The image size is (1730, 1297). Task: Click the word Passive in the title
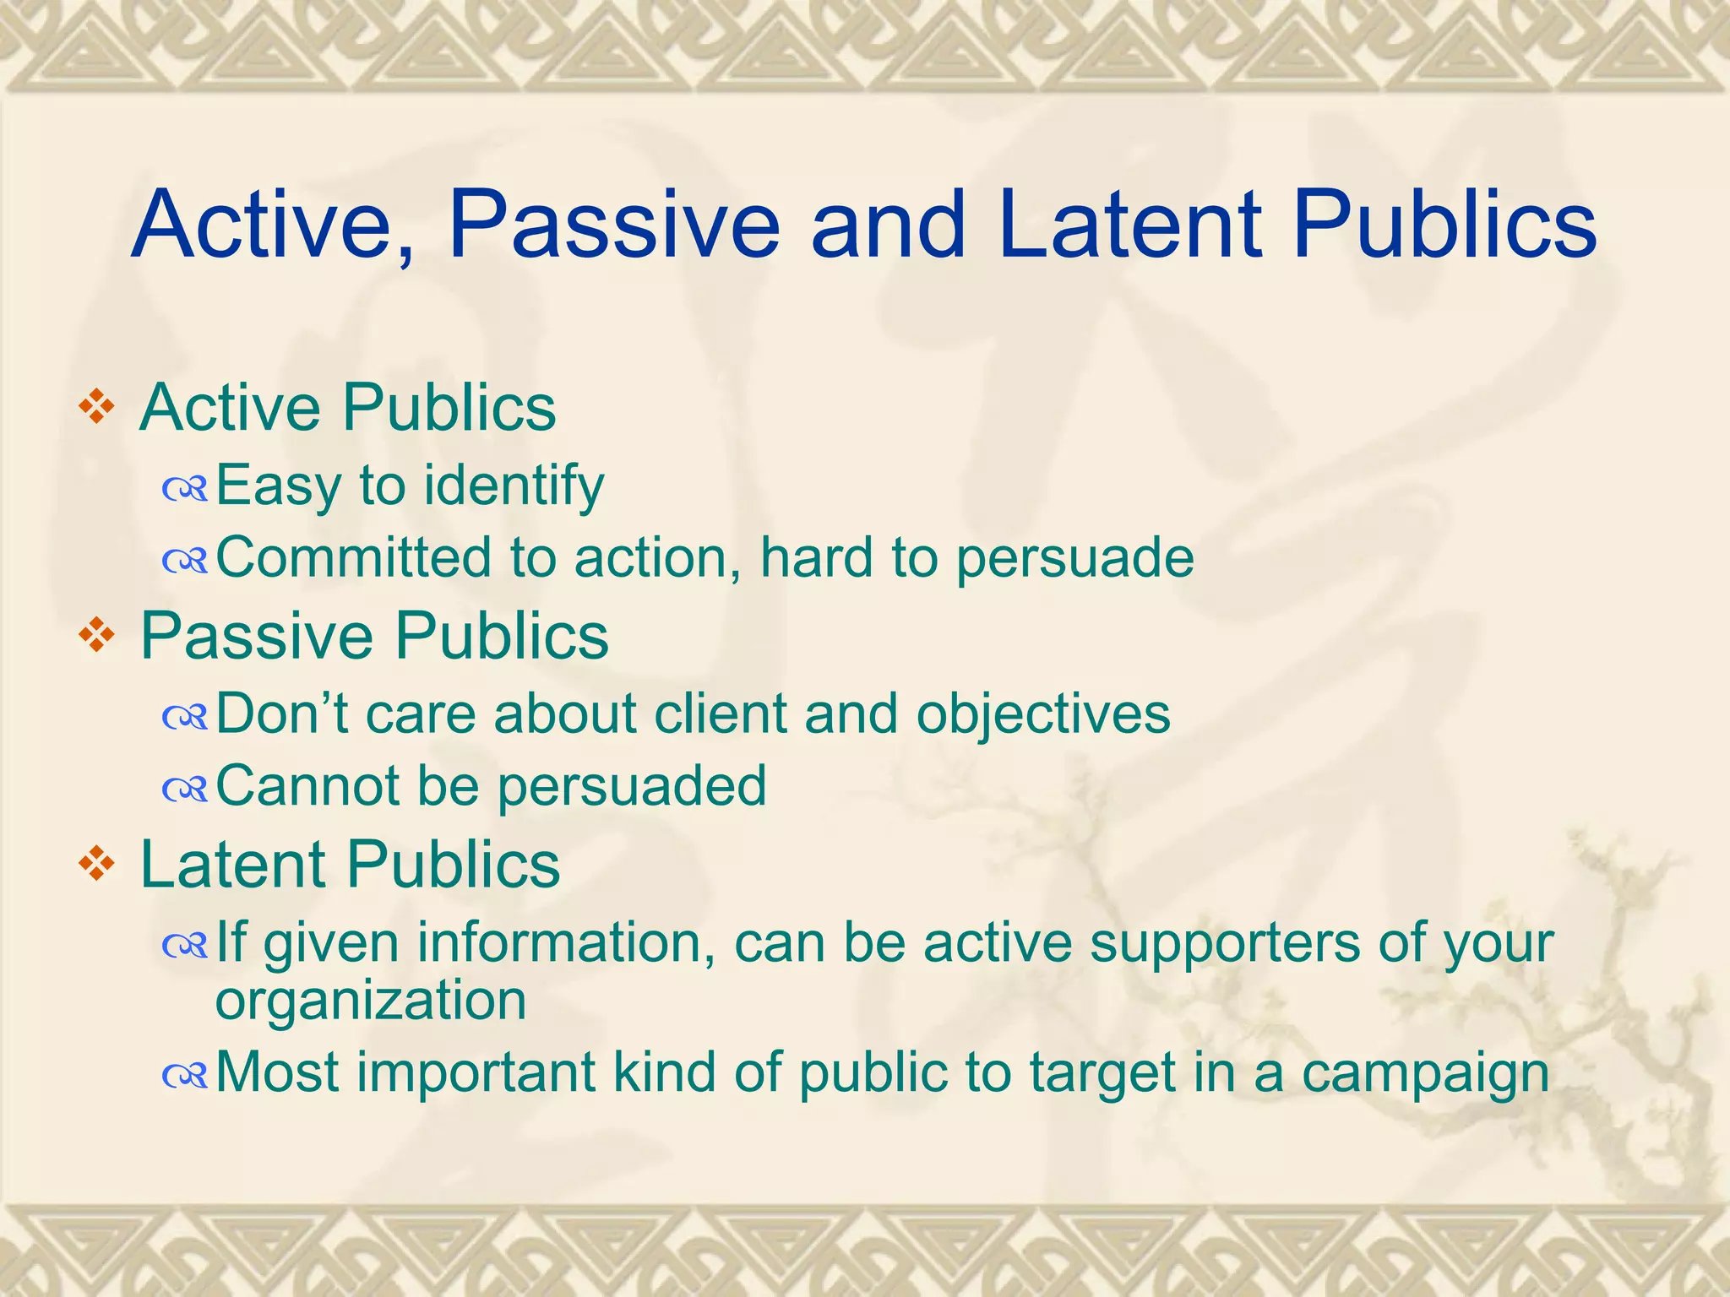coord(614,225)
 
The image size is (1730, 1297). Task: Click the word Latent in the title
coord(1129,225)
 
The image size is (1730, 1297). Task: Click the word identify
coord(514,486)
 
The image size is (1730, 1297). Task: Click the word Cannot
coord(307,785)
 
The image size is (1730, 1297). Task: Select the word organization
coord(371,1001)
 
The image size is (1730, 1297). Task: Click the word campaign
coord(1425,1074)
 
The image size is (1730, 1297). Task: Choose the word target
coord(1102,1074)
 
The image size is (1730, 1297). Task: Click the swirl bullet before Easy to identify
coord(185,488)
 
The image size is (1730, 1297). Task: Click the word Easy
coord(278,486)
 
